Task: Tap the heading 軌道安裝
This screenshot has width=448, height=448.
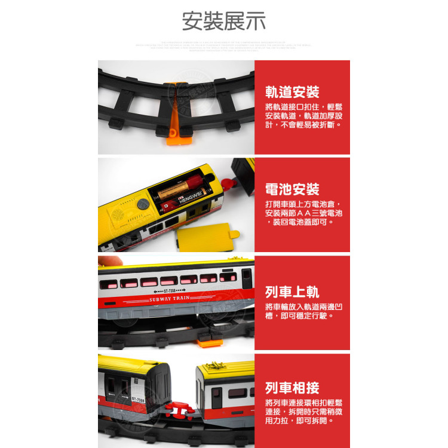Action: click(292, 92)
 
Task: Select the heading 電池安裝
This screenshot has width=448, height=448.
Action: click(292, 189)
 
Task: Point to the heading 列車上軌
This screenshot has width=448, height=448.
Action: click(292, 292)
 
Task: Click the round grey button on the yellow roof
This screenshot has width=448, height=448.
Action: click(143, 204)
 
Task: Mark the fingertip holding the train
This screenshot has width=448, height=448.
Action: click(108, 261)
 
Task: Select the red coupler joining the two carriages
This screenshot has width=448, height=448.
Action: click(179, 408)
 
